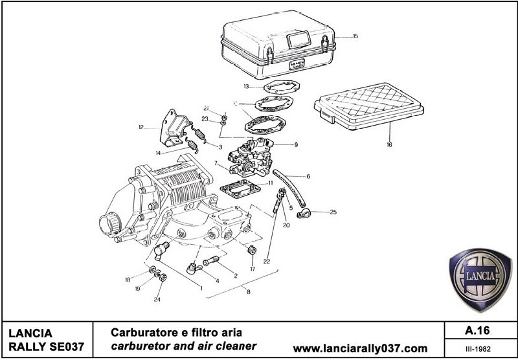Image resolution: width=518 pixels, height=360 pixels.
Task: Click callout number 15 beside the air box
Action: coord(355,37)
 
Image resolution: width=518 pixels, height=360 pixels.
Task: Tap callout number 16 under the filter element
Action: coord(389,145)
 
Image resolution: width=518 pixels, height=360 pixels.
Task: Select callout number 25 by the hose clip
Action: coord(333,212)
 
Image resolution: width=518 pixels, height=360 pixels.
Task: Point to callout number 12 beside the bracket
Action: coord(141,128)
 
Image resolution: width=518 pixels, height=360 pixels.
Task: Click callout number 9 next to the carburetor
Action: coord(296,144)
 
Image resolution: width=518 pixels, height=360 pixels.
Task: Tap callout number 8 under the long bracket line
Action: coord(248,292)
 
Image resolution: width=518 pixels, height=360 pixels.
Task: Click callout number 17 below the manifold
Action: coord(253,269)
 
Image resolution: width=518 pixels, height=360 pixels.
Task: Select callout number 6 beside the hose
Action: coord(308,176)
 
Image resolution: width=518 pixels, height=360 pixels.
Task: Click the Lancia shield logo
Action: coord(480,278)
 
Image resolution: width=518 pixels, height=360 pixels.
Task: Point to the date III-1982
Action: coord(477,348)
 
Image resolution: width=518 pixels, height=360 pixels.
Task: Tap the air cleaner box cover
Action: coord(278,39)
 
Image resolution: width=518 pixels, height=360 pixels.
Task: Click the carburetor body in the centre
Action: coord(256,158)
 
